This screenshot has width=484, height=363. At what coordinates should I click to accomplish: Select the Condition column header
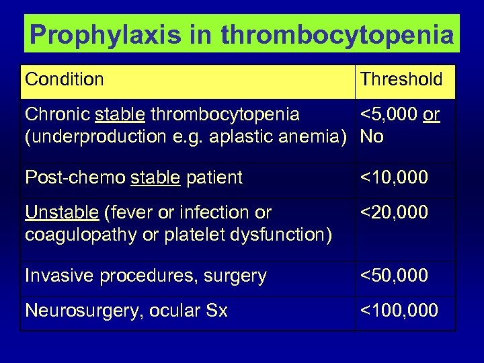[x=65, y=79]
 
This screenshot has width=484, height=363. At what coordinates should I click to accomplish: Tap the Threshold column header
[x=401, y=79]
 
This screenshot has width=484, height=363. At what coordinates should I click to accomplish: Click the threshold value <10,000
[x=394, y=178]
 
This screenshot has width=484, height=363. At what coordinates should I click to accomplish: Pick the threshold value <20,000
[x=394, y=213]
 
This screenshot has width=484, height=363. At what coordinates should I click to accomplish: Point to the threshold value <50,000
[x=394, y=276]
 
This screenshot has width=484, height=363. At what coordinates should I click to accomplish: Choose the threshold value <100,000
[x=399, y=311]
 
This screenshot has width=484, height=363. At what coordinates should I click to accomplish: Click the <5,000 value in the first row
[x=389, y=115]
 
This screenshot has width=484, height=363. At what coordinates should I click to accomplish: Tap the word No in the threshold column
[x=372, y=137]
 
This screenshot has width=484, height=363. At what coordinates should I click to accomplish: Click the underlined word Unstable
[x=62, y=213]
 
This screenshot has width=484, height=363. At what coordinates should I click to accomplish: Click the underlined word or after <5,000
[x=432, y=115]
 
